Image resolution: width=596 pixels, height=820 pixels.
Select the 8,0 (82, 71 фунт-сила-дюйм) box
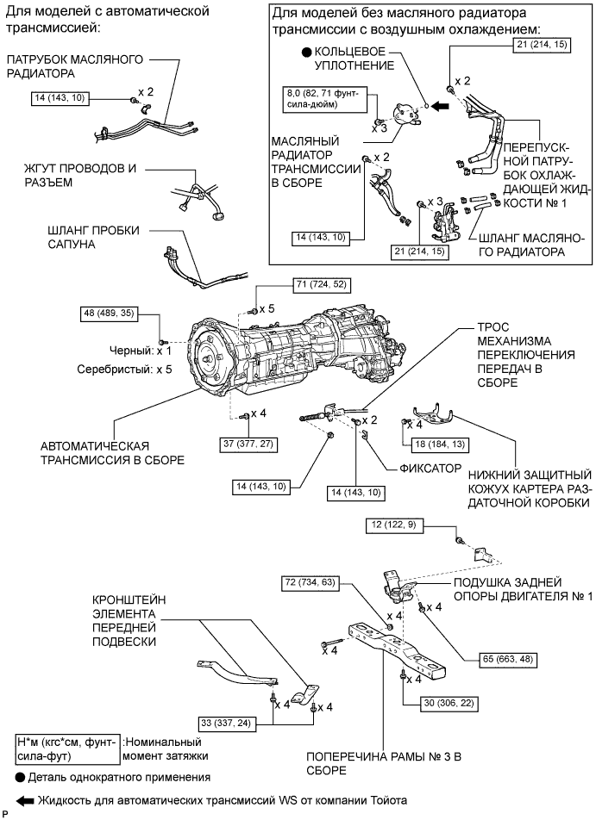click(x=324, y=98)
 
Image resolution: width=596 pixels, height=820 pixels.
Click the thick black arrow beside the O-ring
click(x=442, y=106)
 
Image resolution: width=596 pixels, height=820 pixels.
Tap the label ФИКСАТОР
click(x=430, y=469)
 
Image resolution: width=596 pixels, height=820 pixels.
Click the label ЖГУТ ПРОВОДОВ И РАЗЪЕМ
click(x=80, y=176)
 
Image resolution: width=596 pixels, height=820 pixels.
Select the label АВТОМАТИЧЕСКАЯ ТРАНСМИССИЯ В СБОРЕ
click(x=113, y=453)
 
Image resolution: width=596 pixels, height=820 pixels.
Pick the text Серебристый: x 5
click(x=124, y=370)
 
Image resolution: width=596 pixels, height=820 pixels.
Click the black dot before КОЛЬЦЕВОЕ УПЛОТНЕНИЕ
click(x=306, y=53)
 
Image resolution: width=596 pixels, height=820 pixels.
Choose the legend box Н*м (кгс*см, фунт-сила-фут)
click(x=67, y=749)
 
